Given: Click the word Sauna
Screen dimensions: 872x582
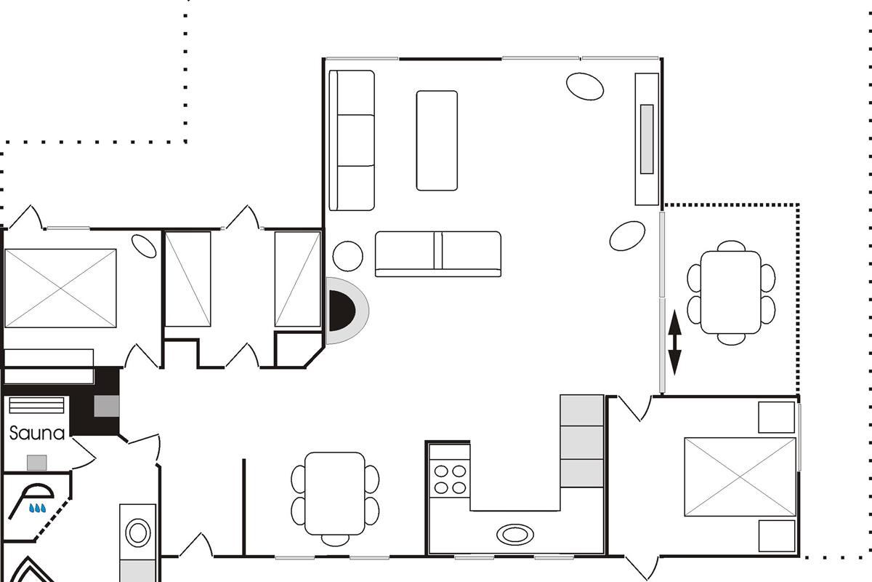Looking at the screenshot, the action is (37, 434).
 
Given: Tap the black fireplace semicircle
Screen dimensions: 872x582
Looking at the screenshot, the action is (341, 311).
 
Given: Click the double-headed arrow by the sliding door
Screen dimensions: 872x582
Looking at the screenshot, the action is (674, 342).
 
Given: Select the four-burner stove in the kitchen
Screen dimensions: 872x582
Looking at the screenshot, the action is (450, 479).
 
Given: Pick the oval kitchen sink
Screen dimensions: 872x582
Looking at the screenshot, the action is (515, 534).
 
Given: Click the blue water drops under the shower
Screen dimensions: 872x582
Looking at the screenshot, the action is (38, 508).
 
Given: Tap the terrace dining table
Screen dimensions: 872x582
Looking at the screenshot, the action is (731, 292).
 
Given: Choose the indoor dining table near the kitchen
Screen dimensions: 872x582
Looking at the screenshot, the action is (335, 493).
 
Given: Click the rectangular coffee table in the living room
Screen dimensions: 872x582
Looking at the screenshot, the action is (437, 140).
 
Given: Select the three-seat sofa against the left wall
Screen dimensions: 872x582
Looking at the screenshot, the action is (352, 140).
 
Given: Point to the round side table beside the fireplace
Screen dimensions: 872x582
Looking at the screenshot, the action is (347, 256).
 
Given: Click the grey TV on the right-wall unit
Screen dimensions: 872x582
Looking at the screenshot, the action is (647, 139).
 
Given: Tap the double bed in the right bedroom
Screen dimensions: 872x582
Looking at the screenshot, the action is (740, 477).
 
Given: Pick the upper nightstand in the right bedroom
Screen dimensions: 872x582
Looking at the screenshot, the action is (776, 418).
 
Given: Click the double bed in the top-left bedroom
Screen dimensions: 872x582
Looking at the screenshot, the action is (60, 289).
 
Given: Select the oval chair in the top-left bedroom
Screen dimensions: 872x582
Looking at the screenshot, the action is (144, 246).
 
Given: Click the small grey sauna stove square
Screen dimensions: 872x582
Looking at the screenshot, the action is (37, 463).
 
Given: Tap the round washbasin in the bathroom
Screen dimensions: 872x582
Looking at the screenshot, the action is (138, 533).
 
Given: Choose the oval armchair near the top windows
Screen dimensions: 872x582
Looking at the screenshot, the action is (585, 87).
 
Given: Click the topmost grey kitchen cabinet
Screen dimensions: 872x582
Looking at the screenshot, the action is (581, 410).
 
